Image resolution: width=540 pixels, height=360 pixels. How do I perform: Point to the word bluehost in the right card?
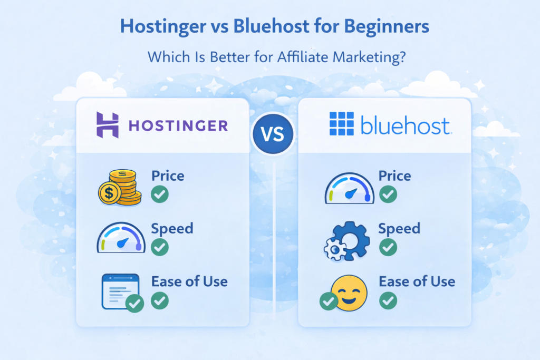tap(406, 127)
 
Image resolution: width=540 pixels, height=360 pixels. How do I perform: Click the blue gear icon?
tap(348, 240)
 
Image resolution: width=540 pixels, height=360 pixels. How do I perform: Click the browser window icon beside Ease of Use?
tap(119, 289)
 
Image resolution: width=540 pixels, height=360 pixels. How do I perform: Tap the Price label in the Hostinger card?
tap(168, 176)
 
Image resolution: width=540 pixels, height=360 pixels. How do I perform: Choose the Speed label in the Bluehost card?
tap(399, 228)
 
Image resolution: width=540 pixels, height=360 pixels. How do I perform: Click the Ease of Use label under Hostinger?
tap(189, 281)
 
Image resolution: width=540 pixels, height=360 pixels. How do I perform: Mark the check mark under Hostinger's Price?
tap(160, 194)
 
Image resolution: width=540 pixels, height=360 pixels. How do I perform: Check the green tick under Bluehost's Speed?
tap(388, 247)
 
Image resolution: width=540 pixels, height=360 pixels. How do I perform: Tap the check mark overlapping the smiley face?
tap(329, 301)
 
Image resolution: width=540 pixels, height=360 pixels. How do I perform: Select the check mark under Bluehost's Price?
tap(388, 194)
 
